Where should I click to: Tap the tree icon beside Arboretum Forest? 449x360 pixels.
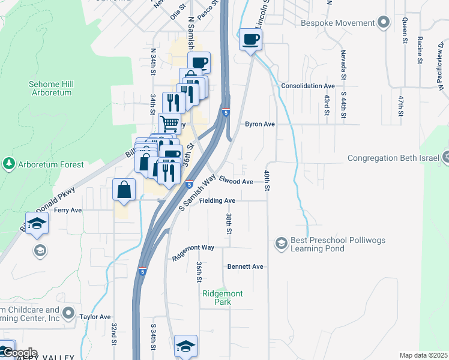(x=9, y=163)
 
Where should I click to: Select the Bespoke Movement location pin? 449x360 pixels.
(x=384, y=23)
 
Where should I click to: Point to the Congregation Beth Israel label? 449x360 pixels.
(x=394, y=158)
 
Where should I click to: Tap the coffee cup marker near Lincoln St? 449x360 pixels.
(x=250, y=40)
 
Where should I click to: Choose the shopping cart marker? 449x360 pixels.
(x=170, y=123)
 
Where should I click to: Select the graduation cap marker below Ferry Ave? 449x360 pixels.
(x=37, y=223)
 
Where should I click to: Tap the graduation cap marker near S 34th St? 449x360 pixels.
(x=186, y=346)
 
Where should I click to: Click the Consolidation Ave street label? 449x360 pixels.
(x=308, y=86)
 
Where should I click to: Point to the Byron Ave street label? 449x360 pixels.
(x=259, y=124)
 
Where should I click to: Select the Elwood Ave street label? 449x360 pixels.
(x=236, y=181)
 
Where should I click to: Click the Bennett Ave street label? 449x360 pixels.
(x=245, y=266)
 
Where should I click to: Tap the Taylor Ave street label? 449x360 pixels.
(x=95, y=317)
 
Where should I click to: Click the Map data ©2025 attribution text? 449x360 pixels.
(x=423, y=355)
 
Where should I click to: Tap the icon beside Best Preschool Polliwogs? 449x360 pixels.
(x=280, y=243)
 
